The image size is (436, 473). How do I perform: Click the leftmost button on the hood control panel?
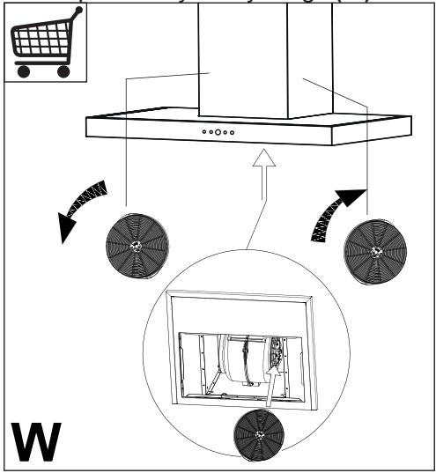tap(203, 132)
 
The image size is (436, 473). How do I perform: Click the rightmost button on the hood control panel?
tap(233, 132)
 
